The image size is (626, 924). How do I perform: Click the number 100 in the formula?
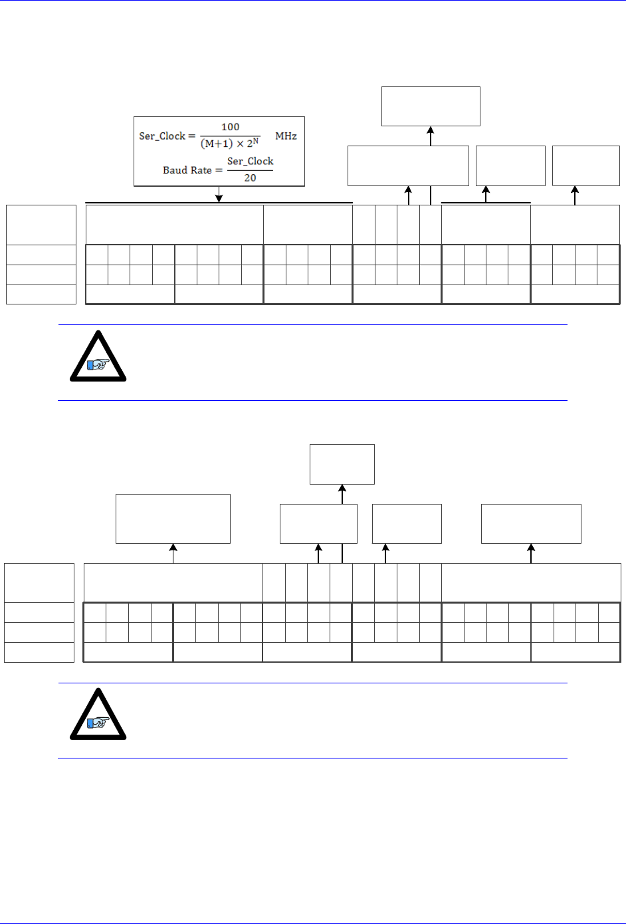(230, 127)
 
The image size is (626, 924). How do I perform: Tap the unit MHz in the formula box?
(286, 136)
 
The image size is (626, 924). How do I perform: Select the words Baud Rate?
(187, 170)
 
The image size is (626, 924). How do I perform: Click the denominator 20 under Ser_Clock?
(250, 178)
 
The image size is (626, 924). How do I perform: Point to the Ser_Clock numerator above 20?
(250, 162)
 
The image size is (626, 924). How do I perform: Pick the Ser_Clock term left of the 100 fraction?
(161, 136)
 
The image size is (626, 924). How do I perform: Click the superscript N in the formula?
(256, 141)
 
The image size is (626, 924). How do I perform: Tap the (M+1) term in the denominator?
(217, 144)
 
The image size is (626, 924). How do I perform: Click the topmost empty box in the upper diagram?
(431, 106)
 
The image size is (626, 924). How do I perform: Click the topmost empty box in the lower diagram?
(342, 464)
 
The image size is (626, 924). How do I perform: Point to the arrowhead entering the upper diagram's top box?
(431, 130)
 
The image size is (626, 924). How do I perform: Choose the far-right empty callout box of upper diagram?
(585, 166)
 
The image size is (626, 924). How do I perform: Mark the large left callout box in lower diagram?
(173, 519)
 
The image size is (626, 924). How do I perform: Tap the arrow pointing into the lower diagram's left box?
(173, 548)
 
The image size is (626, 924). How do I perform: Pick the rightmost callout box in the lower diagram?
(531, 524)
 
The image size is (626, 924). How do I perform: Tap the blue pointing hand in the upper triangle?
(99, 364)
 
